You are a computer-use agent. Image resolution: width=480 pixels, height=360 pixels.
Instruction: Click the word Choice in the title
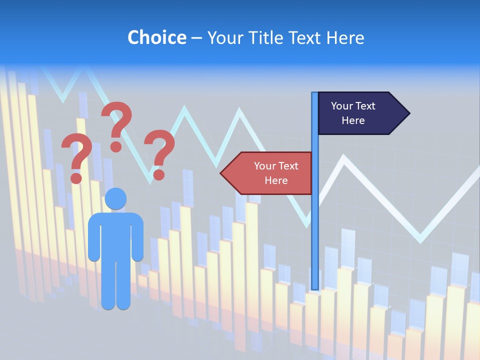156,37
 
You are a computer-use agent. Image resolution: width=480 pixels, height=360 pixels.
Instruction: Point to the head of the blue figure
116,199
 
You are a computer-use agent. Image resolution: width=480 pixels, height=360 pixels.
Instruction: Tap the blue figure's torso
116,235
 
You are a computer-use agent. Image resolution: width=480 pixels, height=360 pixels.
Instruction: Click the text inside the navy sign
353,113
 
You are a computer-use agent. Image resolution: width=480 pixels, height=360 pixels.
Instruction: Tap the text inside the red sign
276,173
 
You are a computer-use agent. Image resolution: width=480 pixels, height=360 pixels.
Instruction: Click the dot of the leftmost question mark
76,177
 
